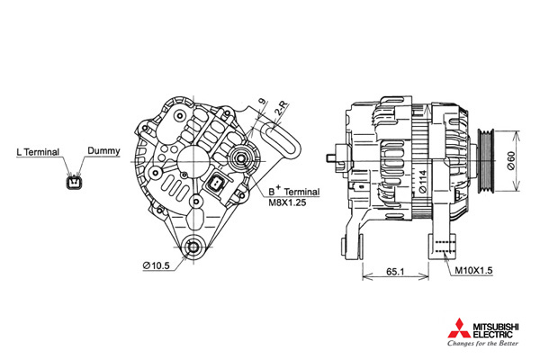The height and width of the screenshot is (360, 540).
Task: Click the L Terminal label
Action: coord(38,152)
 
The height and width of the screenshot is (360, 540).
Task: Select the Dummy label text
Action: coord(103,150)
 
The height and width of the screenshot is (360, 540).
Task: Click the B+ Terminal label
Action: coord(294,191)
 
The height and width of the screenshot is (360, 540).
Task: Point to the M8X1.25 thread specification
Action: coord(287,202)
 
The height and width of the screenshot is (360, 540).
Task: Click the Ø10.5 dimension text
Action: coord(157,265)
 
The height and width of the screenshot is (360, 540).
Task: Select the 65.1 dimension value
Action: coord(395,272)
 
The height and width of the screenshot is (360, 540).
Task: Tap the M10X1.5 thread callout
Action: coord(474,270)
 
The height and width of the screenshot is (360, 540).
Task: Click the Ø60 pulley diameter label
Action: coord(511,160)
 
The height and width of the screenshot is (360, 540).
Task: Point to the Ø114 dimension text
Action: coord(423,181)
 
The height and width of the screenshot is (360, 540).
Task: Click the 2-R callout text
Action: coord(282,108)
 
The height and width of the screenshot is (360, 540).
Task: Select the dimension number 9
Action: coord(263,102)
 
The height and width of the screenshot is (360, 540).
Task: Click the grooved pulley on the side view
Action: coord(486,160)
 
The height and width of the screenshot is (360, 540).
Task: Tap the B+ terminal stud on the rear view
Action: coord(241,158)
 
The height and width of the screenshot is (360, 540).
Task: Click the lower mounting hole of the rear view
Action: coord(193,247)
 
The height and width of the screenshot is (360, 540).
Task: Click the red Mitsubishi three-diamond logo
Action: coord(459,328)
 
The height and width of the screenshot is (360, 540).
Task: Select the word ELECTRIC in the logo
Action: coord(492,334)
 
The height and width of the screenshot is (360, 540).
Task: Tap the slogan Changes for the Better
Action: coord(482,343)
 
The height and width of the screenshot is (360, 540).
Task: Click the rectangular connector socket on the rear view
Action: coord(217,183)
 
